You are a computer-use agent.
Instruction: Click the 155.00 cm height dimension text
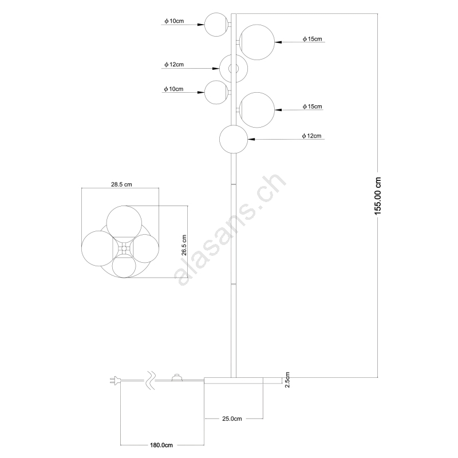(378, 196)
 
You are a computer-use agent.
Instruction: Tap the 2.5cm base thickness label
(287, 380)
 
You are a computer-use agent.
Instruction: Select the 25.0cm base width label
(232, 418)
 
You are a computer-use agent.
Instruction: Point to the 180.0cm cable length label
(161, 445)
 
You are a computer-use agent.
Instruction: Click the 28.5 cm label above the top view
(121, 184)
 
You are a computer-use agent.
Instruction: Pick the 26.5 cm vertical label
(184, 246)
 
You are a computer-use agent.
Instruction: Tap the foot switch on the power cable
(177, 378)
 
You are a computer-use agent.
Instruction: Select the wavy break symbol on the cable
(151, 380)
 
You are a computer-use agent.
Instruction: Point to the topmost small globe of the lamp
(216, 25)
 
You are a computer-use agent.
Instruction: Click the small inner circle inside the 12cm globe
(234, 69)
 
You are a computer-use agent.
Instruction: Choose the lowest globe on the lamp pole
(234, 139)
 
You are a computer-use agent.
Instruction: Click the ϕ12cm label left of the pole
(174, 65)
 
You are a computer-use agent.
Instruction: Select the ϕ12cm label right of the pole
(311, 136)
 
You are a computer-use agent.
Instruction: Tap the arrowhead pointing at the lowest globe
(251, 139)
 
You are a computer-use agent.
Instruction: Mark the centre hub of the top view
(124, 248)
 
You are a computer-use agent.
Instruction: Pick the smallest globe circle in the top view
(124, 266)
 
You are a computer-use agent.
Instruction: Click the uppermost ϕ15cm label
(312, 39)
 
